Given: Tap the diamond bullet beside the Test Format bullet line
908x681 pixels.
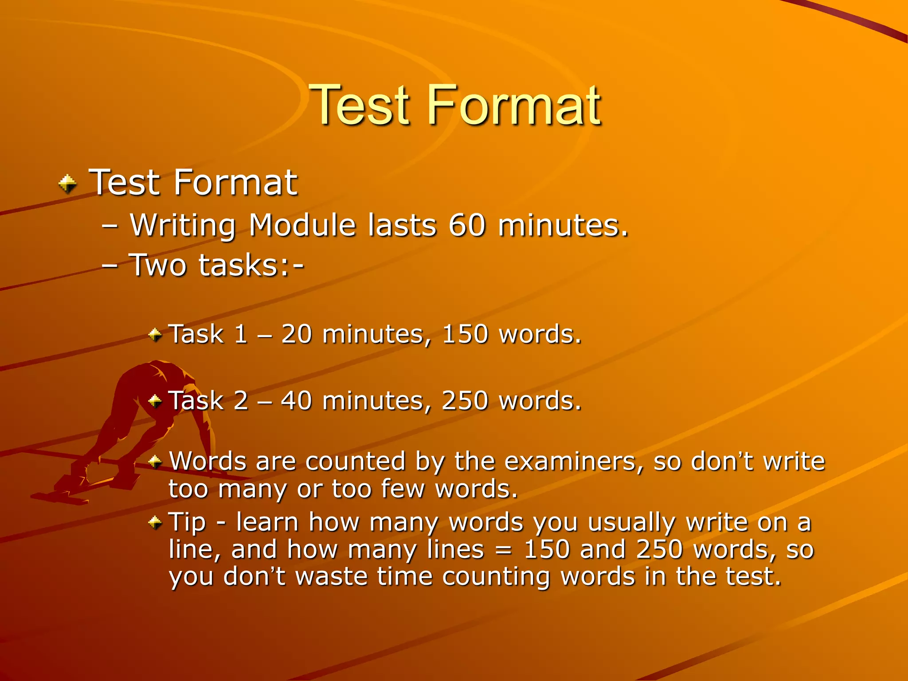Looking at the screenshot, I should pos(67,184).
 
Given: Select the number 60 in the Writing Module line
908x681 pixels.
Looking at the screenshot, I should pos(466,225).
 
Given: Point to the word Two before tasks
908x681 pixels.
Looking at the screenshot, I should pos(157,265).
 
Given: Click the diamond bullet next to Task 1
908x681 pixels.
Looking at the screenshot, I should pos(155,334).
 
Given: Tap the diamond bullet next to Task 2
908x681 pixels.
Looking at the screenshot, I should pos(155,401).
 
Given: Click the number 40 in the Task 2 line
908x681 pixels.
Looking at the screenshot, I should pos(296,401).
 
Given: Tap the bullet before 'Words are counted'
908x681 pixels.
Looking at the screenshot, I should pos(155,462).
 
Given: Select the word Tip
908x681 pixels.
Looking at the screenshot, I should pos(187,522).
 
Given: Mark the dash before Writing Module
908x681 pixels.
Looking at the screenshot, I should pos(110,226).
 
